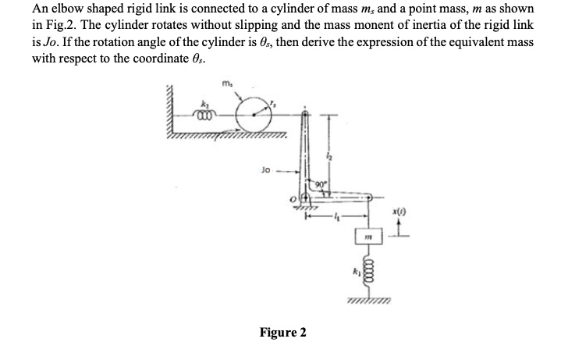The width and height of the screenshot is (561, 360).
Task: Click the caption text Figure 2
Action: (x=282, y=333)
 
